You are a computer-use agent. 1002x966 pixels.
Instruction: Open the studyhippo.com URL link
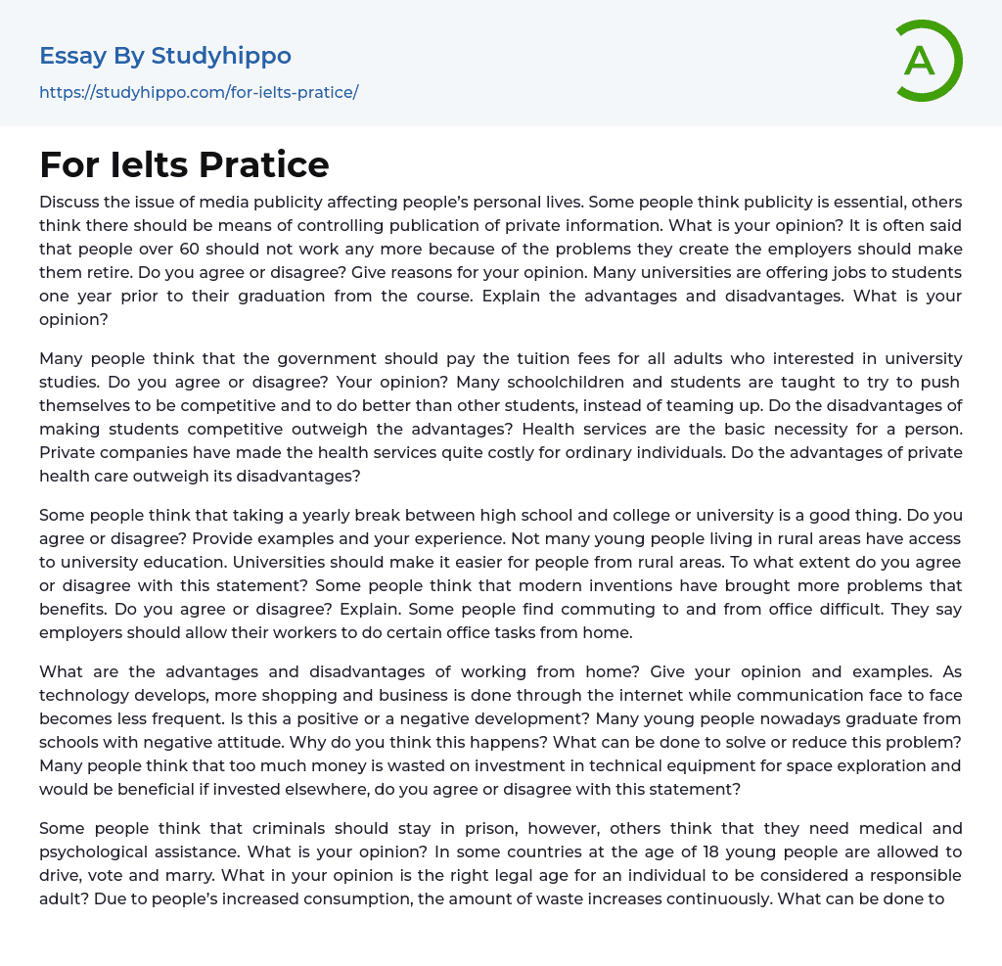[199, 92]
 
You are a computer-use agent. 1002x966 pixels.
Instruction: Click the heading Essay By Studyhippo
[165, 56]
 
